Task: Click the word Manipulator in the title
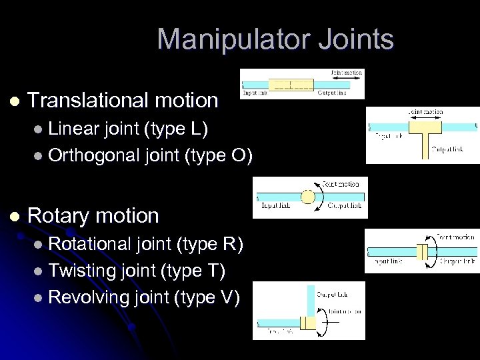coord(223,39)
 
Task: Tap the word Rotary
coord(59,215)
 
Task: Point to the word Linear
coord(75,127)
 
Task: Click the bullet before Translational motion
coord(15,101)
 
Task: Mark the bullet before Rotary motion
coord(15,216)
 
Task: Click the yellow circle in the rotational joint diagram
coord(307,197)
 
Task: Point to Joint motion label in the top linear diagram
coord(347,73)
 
